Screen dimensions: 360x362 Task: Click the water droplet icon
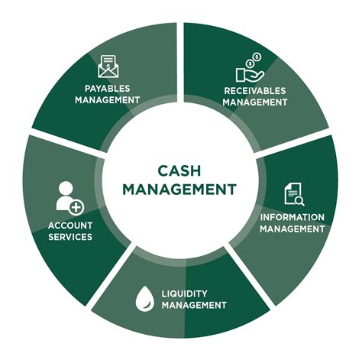[144, 297]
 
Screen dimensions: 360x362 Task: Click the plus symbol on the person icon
[75, 206]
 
